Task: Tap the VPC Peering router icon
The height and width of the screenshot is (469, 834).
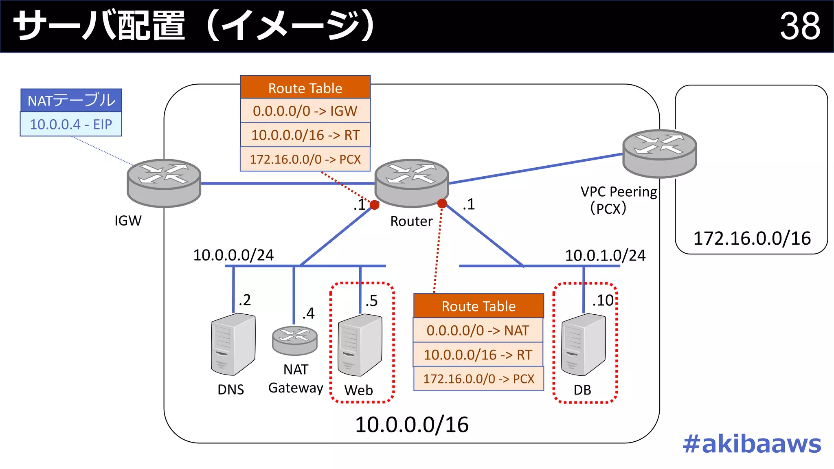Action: pyautogui.click(x=659, y=153)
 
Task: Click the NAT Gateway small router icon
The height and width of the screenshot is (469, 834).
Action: pyautogui.click(x=294, y=340)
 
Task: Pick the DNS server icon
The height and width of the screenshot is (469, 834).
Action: pyautogui.click(x=233, y=344)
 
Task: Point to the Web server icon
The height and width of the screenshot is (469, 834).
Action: pyautogui.click(x=360, y=345)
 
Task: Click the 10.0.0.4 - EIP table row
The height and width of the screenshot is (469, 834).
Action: pyautogui.click(x=71, y=124)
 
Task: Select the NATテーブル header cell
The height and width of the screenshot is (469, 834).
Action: pyautogui.click(x=71, y=100)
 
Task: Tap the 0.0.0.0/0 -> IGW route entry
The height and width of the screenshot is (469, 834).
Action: pyautogui.click(x=305, y=111)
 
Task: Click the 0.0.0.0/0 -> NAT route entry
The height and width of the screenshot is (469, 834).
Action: pyautogui.click(x=478, y=330)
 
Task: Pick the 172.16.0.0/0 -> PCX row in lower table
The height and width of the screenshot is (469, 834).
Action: pyautogui.click(x=478, y=379)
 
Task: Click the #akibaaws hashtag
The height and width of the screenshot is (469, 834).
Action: pyautogui.click(x=752, y=444)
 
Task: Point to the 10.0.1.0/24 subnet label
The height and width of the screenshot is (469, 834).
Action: pyautogui.click(x=605, y=256)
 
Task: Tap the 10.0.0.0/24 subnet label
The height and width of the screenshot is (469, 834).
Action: pyautogui.click(x=233, y=255)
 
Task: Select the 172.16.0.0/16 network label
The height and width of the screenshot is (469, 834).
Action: pyautogui.click(x=752, y=239)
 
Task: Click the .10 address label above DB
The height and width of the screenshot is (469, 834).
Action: pyautogui.click(x=603, y=300)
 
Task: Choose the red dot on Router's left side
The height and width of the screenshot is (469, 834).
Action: pyautogui.click(x=375, y=205)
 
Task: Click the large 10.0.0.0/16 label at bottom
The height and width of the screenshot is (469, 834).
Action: pyautogui.click(x=412, y=425)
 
